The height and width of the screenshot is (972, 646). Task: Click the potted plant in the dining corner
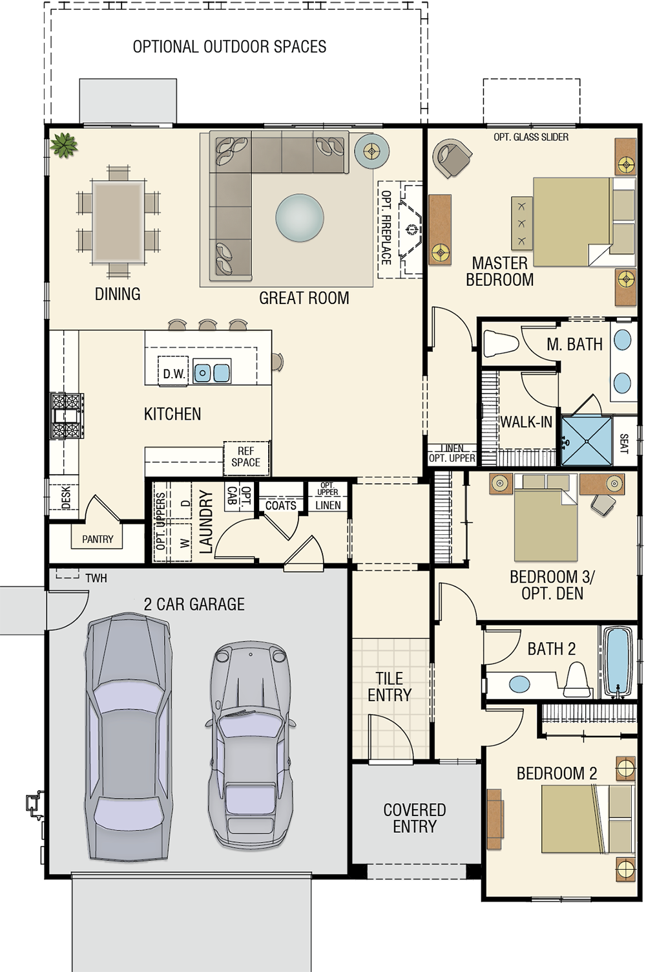[64, 145]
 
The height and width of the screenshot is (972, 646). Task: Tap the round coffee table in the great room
[300, 217]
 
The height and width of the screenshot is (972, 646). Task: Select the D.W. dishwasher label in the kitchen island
[174, 374]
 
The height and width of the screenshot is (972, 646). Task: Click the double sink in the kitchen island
[212, 372]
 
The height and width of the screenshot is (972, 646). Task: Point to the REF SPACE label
[246, 457]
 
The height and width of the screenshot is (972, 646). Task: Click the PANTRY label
[98, 539]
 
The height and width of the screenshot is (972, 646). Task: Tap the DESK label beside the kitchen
[66, 497]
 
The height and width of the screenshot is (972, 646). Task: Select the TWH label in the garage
[96, 578]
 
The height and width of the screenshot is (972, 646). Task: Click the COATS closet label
[281, 506]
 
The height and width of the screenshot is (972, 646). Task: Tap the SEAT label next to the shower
[624, 444]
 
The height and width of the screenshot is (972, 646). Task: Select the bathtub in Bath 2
[618, 662]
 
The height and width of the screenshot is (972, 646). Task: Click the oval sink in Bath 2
[519, 684]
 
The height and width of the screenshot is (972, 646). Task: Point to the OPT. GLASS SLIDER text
[531, 137]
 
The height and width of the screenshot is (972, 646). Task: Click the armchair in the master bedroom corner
[453, 158]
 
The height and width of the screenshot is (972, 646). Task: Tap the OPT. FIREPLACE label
[386, 228]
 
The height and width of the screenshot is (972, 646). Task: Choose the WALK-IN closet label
[526, 422]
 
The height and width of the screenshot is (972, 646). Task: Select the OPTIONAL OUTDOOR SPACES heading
[229, 47]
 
